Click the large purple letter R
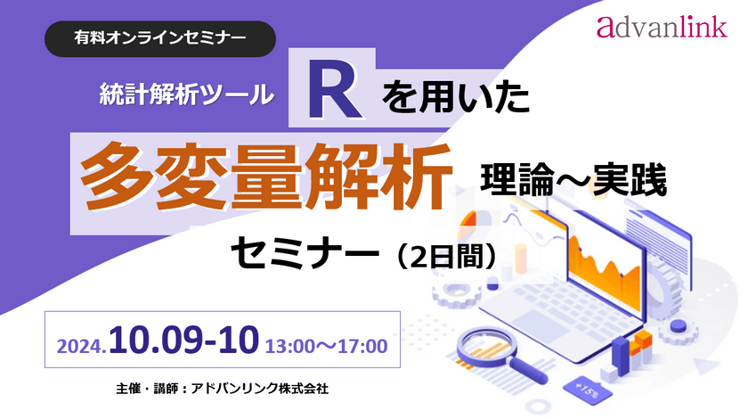333,92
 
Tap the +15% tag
588,388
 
